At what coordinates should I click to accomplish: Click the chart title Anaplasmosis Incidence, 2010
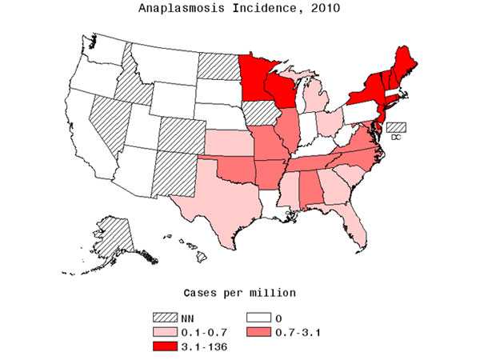240,10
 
